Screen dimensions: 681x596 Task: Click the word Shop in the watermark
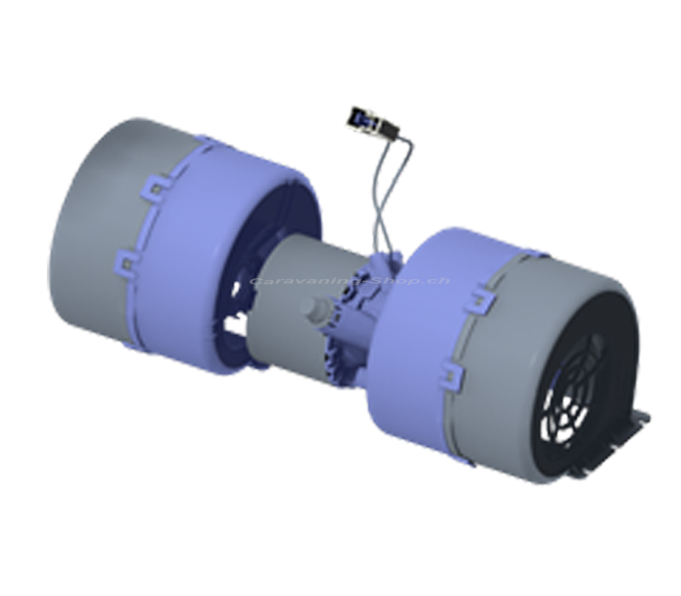[393, 281]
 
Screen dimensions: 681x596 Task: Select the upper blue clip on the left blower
[157, 186]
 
